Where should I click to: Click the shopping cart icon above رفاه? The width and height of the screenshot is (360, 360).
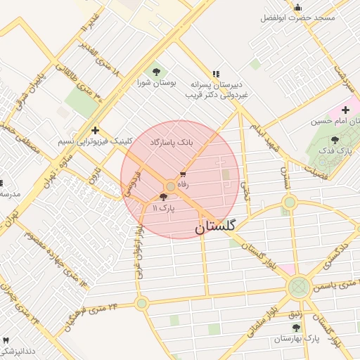click(x=184, y=174)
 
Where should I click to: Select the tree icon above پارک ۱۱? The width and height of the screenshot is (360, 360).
click(x=164, y=198)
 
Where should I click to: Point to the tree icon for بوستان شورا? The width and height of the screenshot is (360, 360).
click(x=155, y=71)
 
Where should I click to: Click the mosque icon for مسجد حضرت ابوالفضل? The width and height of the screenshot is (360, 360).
click(x=297, y=8)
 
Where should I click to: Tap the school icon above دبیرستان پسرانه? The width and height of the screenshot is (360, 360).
click(x=216, y=72)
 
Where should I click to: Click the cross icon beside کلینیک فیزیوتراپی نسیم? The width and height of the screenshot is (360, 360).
click(x=95, y=130)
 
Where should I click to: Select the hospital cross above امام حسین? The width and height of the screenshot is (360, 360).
click(x=345, y=110)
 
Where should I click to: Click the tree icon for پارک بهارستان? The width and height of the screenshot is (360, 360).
click(x=296, y=328)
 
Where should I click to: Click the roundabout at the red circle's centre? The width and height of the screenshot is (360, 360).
click(x=170, y=186)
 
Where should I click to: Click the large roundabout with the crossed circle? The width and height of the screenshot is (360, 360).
click(x=299, y=286)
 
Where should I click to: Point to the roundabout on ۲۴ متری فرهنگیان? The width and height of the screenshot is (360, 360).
click(x=142, y=303)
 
